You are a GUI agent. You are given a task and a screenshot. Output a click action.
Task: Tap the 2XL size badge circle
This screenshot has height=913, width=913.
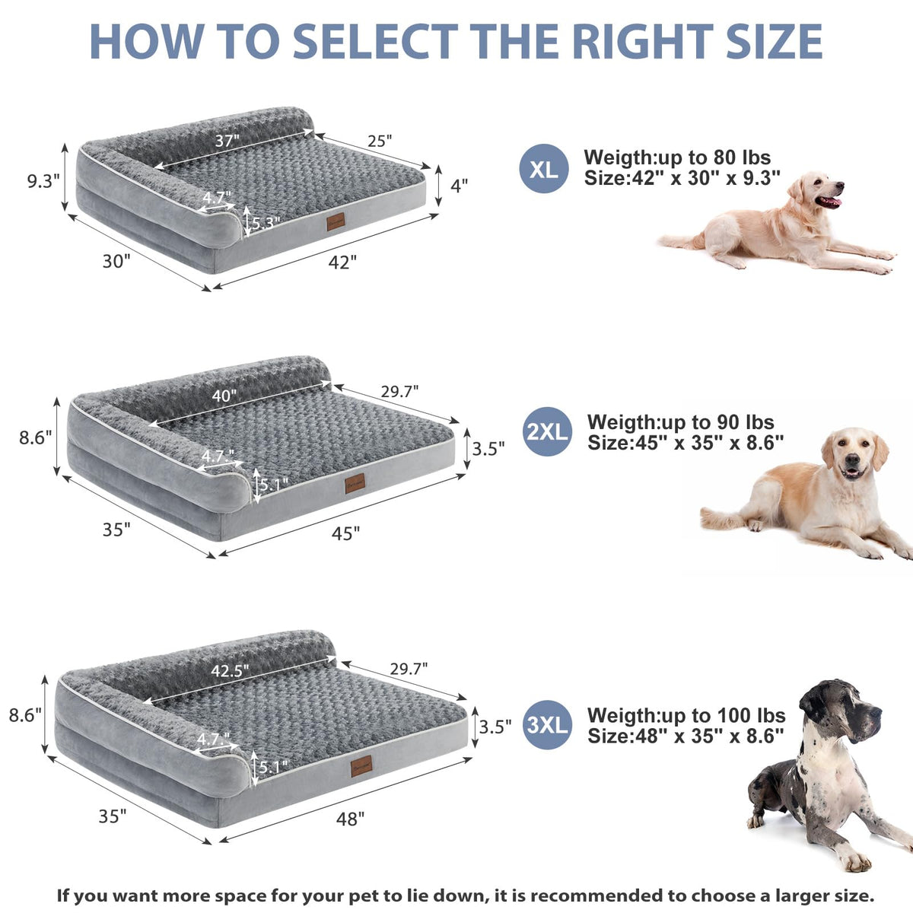click(547, 431)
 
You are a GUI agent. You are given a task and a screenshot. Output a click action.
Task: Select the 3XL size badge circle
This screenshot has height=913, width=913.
click(547, 725)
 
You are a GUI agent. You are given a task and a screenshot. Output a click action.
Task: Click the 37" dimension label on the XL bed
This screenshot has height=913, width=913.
click(227, 141)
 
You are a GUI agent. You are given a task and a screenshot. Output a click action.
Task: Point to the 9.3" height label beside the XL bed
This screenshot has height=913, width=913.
click(43, 181)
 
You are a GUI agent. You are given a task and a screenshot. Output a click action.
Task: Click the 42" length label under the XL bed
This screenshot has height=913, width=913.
click(342, 262)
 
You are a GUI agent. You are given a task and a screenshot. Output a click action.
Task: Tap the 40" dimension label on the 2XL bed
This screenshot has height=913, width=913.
click(224, 396)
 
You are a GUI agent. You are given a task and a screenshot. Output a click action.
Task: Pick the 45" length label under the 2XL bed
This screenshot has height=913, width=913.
click(345, 533)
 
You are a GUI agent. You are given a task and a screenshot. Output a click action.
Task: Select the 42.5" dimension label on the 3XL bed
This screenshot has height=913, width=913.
click(230, 670)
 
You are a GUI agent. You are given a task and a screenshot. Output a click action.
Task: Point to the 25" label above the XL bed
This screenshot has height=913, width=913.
click(380, 141)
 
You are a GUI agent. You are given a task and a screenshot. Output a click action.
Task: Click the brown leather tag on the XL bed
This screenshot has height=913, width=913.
click(336, 222)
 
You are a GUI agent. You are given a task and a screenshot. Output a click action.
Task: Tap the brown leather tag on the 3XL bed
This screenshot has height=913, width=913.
click(361, 766)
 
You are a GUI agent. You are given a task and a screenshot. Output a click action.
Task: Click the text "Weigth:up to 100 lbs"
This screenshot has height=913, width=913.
click(686, 715)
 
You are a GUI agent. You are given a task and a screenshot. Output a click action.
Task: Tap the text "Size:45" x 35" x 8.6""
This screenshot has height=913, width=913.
click(686, 443)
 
